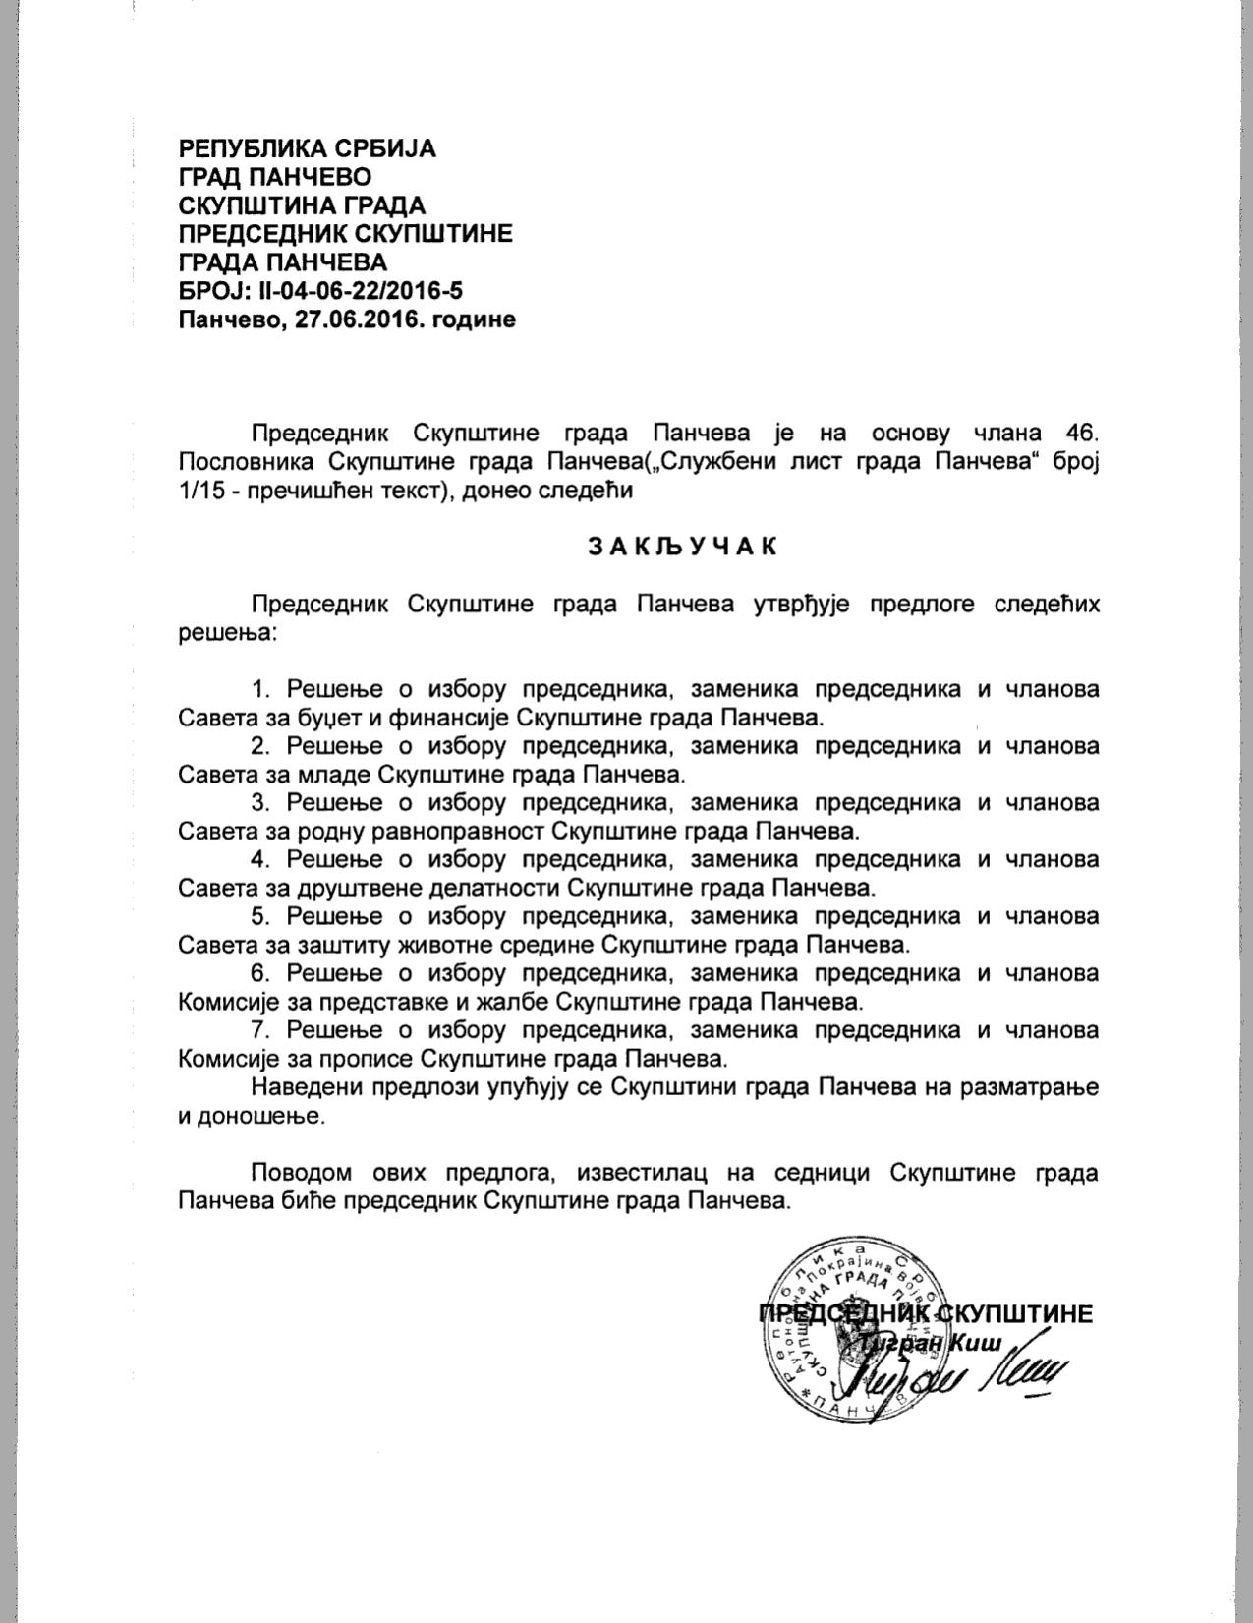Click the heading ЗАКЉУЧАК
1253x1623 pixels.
point(682,546)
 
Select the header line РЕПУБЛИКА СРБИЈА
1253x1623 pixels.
point(307,148)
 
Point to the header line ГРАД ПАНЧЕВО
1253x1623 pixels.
point(275,177)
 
